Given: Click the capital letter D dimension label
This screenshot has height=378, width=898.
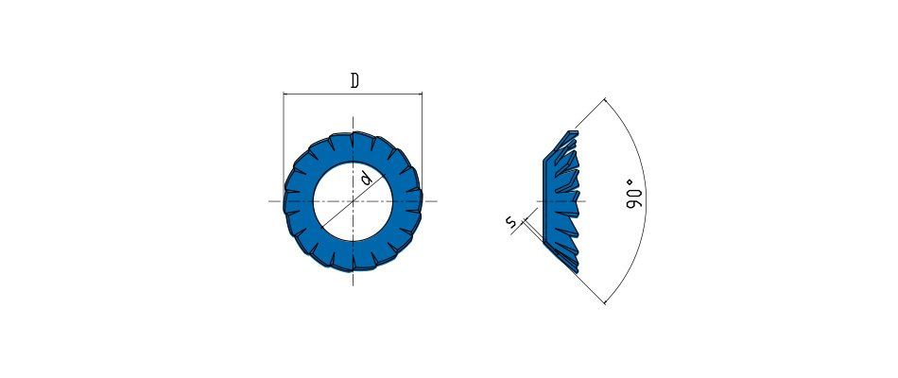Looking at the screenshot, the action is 354,81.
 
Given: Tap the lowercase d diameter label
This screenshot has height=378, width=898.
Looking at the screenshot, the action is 367,180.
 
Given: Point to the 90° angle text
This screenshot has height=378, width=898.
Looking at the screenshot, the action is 632,194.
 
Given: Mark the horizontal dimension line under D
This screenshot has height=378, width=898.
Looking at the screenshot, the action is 353,94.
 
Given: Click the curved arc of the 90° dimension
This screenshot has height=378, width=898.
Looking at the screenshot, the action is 646,201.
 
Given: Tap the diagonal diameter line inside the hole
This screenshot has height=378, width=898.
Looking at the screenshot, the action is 353,201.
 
